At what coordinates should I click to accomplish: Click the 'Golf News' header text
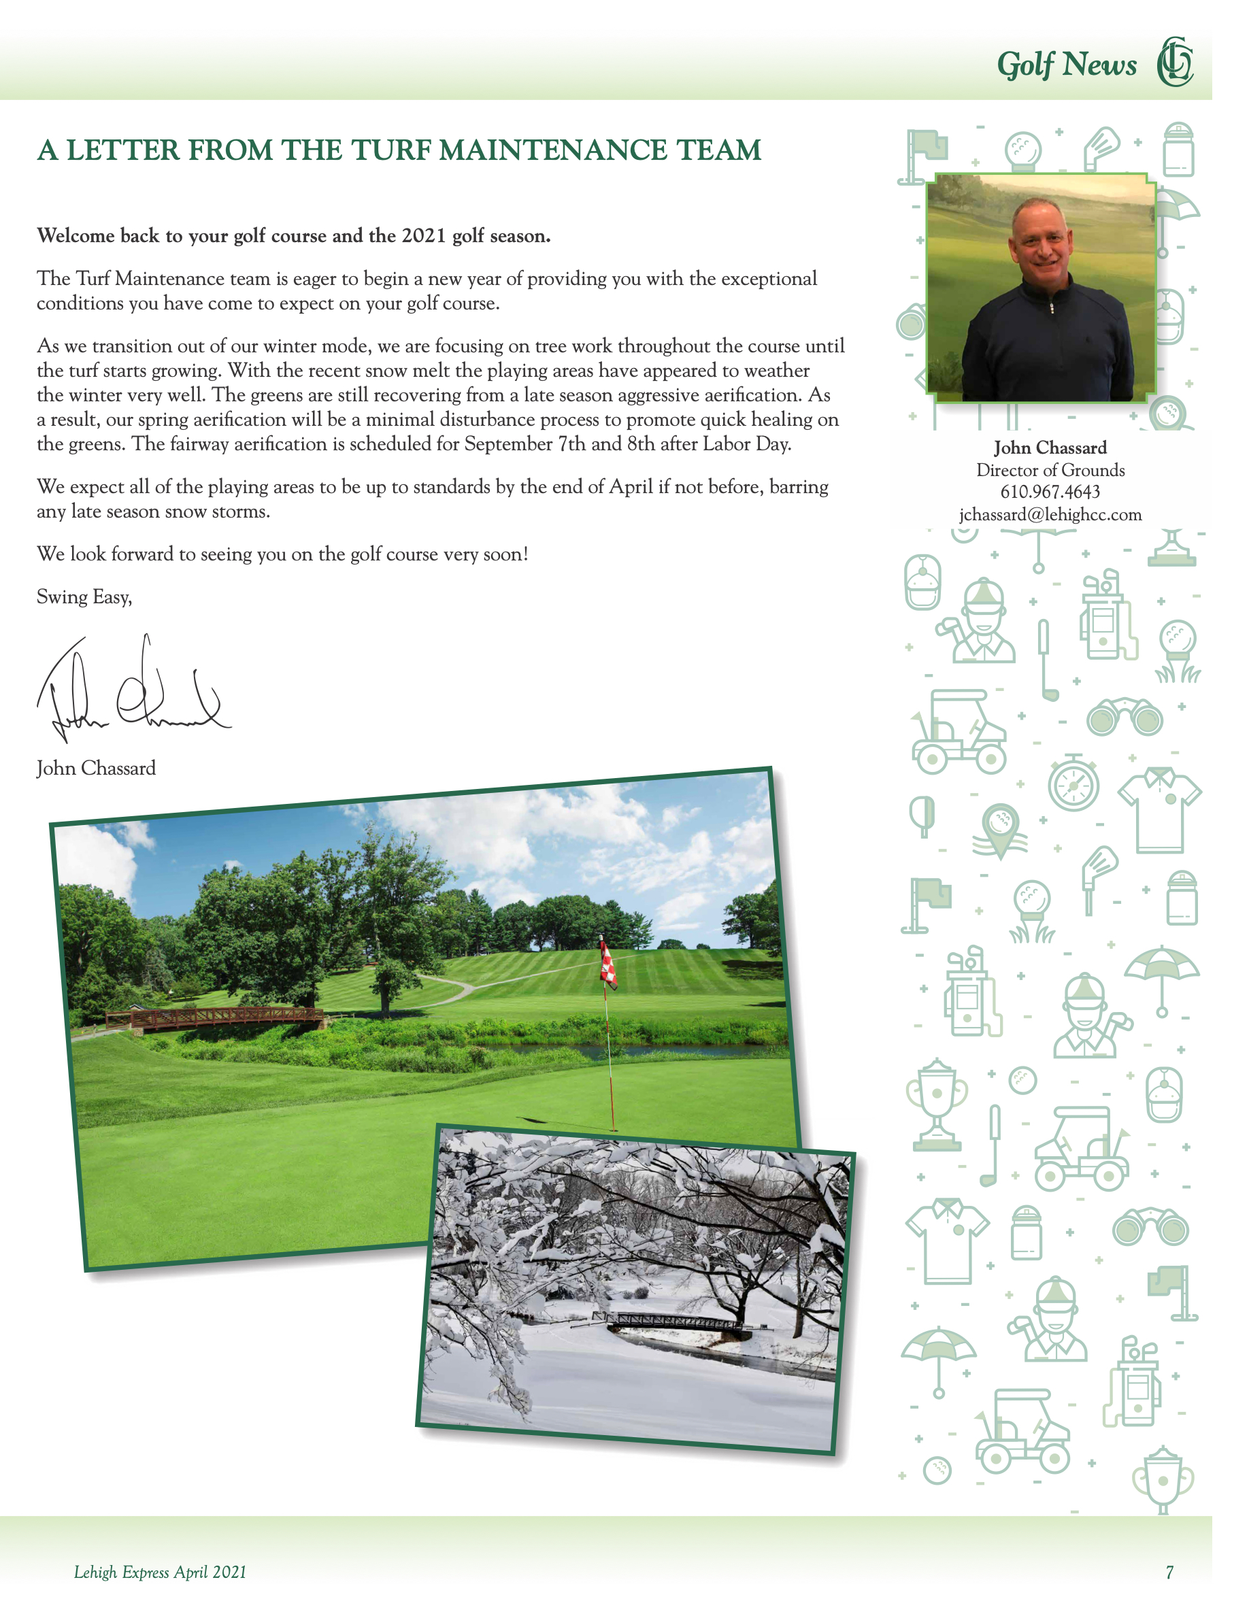(1066, 65)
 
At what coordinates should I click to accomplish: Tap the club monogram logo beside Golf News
(1175, 62)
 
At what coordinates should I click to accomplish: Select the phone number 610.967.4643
(1050, 492)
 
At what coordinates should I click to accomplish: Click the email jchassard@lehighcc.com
(1050, 515)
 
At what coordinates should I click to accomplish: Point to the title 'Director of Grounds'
(1050, 471)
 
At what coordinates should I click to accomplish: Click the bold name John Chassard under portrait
(1050, 448)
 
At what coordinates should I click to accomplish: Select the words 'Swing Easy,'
(84, 597)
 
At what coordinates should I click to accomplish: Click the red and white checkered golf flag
(607, 962)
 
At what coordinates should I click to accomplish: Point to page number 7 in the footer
(1169, 1572)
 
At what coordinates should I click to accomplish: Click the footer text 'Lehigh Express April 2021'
(160, 1572)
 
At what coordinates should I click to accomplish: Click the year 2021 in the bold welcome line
(423, 236)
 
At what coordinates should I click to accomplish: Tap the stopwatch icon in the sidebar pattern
(1073, 784)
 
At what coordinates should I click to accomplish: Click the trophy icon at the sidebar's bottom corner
(1163, 1480)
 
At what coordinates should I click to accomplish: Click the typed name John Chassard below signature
(96, 768)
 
